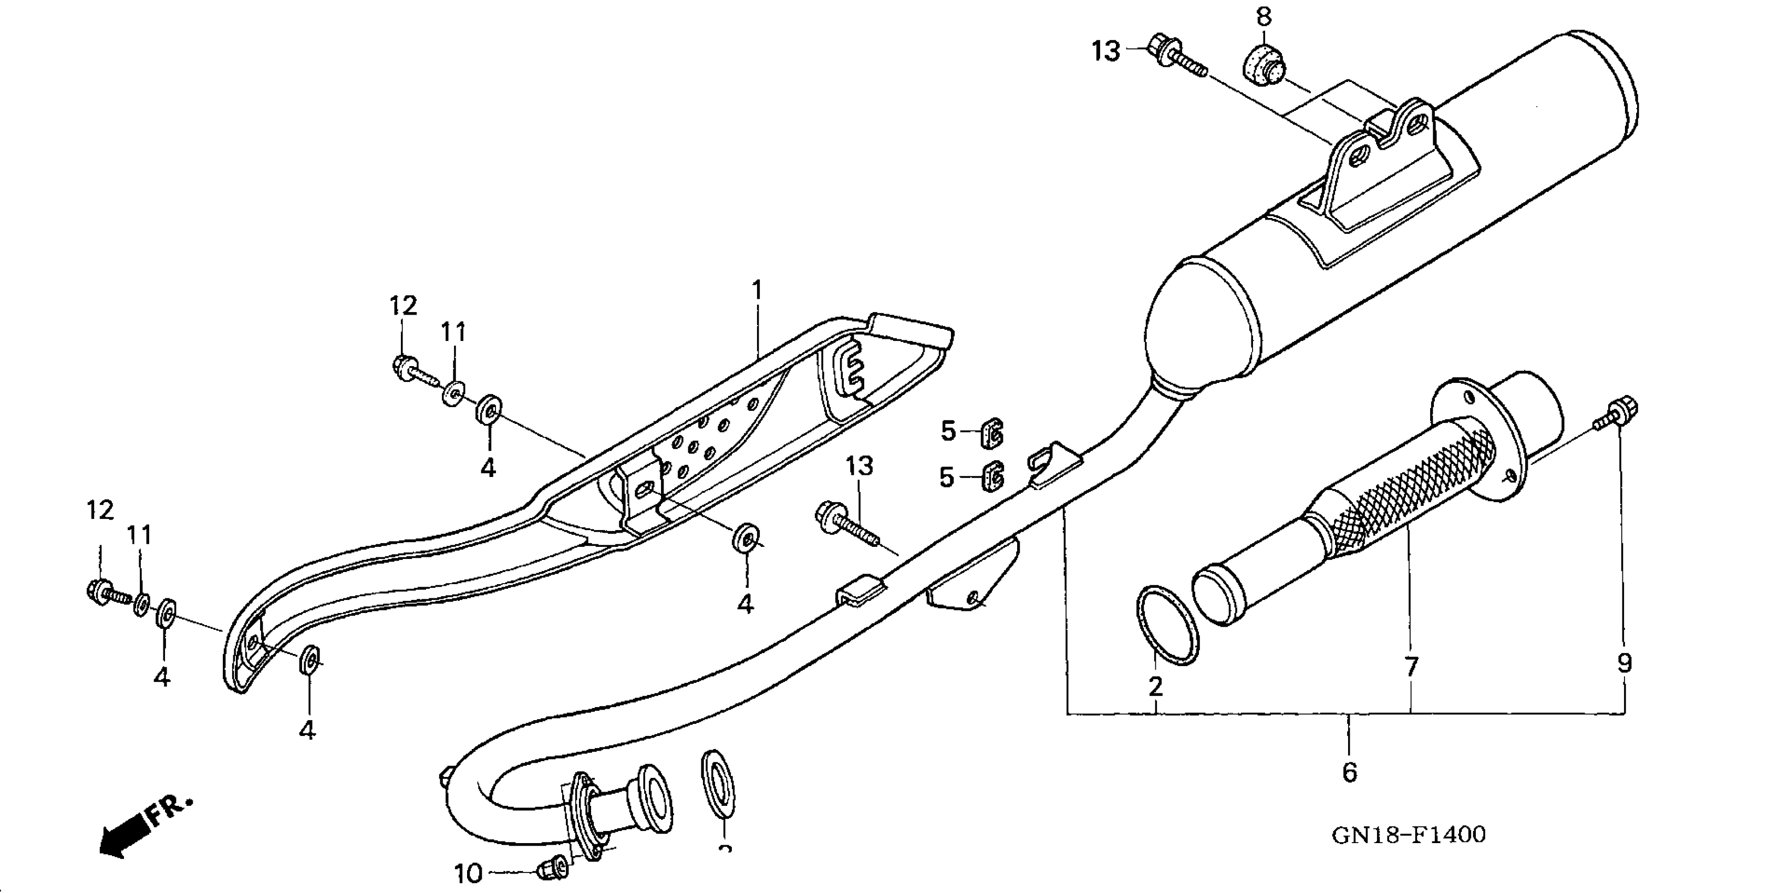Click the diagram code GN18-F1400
[1409, 835]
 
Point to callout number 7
[1411, 667]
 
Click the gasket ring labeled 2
[1167, 625]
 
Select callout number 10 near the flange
[468, 874]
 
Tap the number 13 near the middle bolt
[859, 466]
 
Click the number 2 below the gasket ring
[1155, 687]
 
